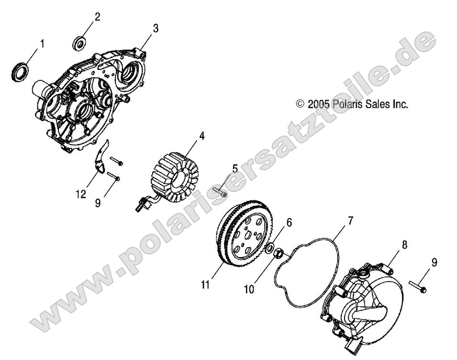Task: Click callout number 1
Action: click(x=42, y=44)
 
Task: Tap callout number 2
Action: click(x=97, y=17)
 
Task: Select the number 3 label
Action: click(x=156, y=29)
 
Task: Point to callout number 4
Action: click(x=202, y=136)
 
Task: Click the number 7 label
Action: click(x=350, y=208)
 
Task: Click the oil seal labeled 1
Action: click(x=20, y=72)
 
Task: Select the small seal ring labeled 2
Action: click(x=79, y=43)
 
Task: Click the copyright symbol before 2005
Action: click(x=301, y=104)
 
